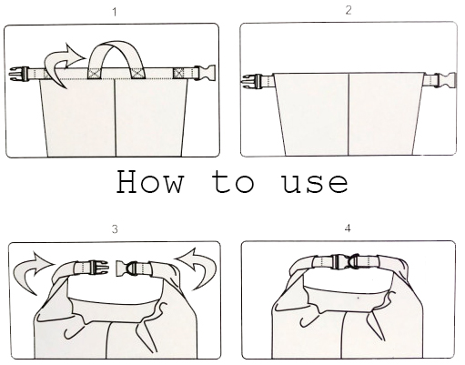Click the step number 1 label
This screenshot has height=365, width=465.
click(x=115, y=13)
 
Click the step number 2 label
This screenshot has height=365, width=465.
click(x=349, y=10)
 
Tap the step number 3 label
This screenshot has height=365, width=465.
click(x=115, y=229)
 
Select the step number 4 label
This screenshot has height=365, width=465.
click(x=348, y=228)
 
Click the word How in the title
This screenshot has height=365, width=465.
click(x=150, y=182)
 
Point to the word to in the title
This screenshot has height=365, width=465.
click(x=233, y=182)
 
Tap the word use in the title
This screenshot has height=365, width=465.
click(x=315, y=184)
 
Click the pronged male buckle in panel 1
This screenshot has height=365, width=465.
click(x=19, y=74)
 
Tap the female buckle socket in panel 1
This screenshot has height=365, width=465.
click(x=205, y=73)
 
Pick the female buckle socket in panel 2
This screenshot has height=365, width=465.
click(x=445, y=81)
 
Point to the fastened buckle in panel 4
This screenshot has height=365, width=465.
click(x=346, y=261)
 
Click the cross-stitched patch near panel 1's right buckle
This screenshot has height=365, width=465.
click(x=179, y=74)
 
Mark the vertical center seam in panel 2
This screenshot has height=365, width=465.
click(x=349, y=115)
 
